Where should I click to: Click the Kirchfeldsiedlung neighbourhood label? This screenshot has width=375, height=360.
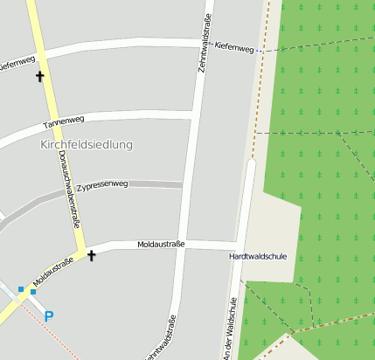point(87,144)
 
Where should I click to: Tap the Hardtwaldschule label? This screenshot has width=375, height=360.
point(258,257)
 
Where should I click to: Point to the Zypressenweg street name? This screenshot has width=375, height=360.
point(102,185)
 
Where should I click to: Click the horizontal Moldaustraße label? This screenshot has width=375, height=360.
point(161,245)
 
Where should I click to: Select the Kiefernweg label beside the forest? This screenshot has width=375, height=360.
point(233,49)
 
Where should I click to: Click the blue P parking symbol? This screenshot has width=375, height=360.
point(48,316)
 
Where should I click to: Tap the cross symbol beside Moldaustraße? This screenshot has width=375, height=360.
point(91,256)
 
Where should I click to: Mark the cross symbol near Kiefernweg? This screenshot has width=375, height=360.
point(39,77)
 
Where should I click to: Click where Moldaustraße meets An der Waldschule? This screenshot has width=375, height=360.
point(240,246)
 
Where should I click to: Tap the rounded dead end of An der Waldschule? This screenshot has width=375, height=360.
point(251,163)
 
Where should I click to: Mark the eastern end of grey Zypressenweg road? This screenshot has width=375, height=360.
point(179,184)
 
